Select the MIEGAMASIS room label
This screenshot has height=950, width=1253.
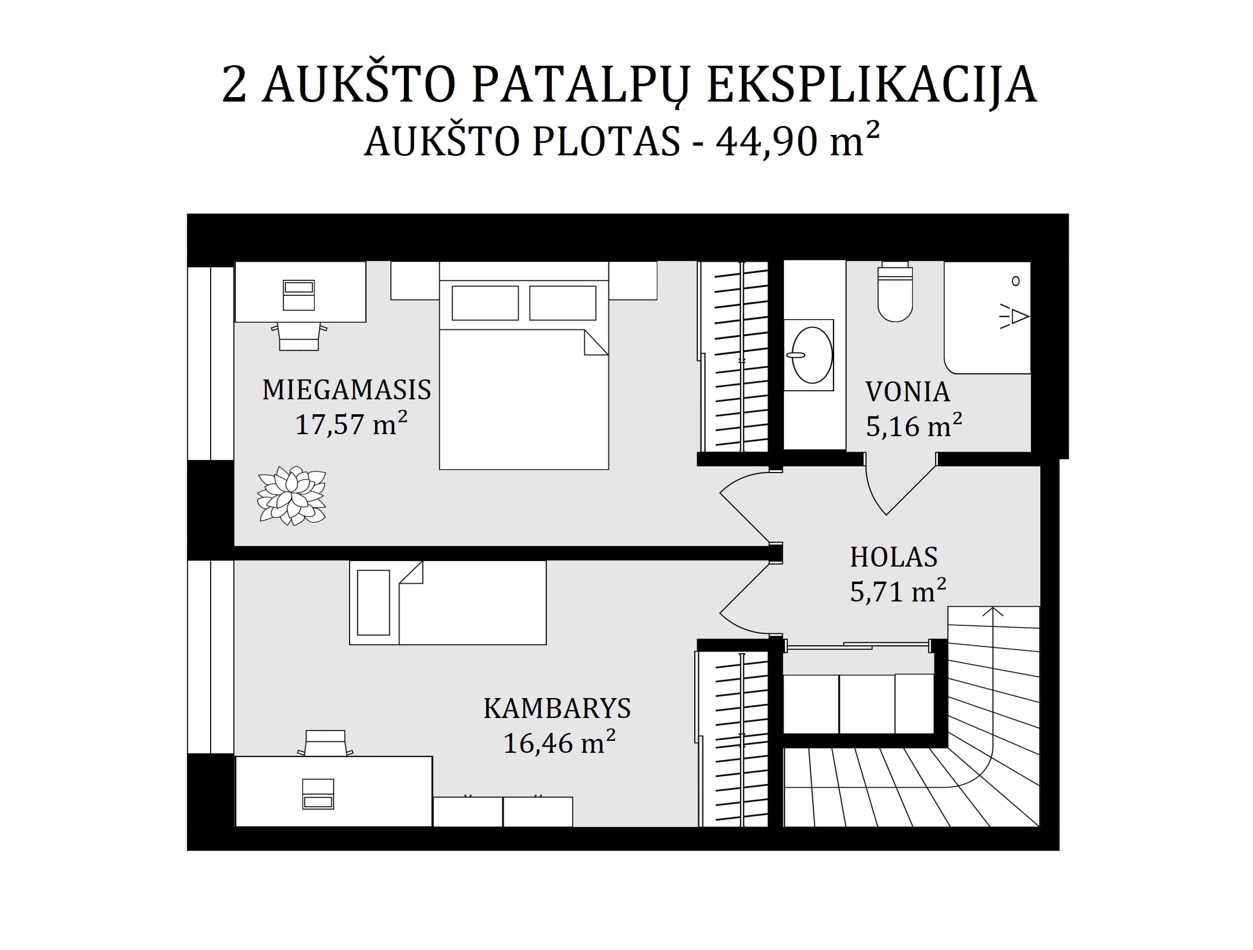click(x=347, y=390)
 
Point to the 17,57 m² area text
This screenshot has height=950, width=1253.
click(x=351, y=423)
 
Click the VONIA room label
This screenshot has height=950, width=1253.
click(x=907, y=392)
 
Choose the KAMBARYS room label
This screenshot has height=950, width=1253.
click(x=557, y=708)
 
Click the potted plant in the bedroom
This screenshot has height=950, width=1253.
click(x=292, y=495)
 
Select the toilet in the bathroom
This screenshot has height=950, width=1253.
click(x=895, y=292)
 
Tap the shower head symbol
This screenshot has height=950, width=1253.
click(x=1014, y=317)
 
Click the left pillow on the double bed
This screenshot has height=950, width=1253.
click(x=485, y=303)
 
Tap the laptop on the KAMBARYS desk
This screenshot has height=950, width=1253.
click(x=318, y=794)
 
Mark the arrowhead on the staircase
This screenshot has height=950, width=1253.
click(x=993, y=611)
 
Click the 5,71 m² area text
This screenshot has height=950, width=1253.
click(x=898, y=591)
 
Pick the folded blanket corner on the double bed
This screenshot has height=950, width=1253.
click(x=597, y=343)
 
